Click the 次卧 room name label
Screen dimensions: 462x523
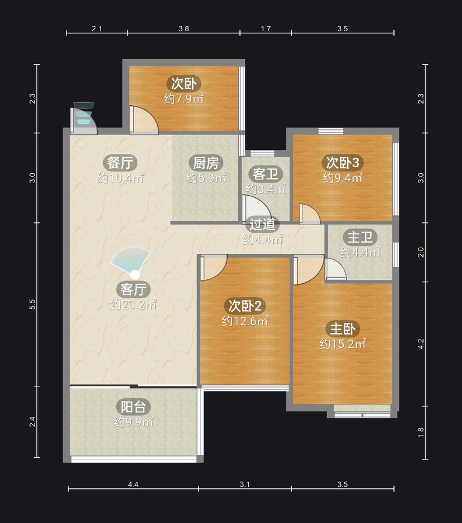click(x=184, y=84)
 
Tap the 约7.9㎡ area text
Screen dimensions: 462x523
click(x=184, y=99)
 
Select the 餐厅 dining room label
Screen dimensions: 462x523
click(x=120, y=163)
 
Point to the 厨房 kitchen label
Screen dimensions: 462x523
click(x=206, y=163)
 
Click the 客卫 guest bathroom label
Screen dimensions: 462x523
click(x=266, y=174)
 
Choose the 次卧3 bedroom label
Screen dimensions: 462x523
click(x=343, y=162)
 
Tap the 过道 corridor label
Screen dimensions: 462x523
click(x=263, y=224)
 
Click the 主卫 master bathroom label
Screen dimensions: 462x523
click(x=360, y=237)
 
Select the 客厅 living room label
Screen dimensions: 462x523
click(x=133, y=289)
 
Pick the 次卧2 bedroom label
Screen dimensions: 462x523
click(x=245, y=305)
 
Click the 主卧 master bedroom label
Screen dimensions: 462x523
click(x=343, y=328)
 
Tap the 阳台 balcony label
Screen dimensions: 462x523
click(x=133, y=407)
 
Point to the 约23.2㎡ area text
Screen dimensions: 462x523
click(x=133, y=304)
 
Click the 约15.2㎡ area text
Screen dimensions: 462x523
click(x=343, y=343)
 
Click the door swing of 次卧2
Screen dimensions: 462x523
click(x=214, y=268)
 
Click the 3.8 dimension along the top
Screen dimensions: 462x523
click(x=184, y=28)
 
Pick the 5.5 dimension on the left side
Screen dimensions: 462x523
click(x=32, y=304)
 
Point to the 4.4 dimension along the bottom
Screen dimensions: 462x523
click(x=133, y=485)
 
